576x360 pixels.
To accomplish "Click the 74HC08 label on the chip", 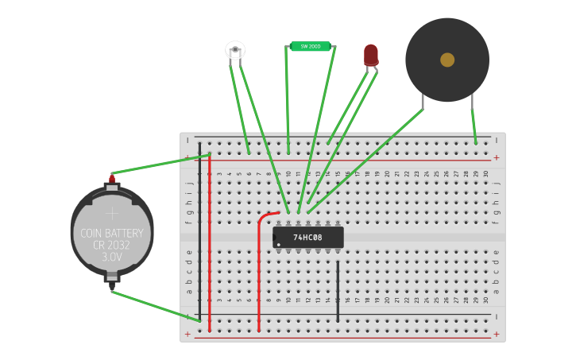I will pos(307,238).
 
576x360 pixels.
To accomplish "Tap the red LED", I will pos(371,54).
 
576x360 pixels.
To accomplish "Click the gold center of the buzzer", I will pos(447,60).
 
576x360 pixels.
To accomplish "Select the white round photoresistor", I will pos(235,51).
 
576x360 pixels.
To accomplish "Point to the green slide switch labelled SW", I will pos(310,47).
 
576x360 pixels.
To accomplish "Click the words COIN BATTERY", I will pos(112,234).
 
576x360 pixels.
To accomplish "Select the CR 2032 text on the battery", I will pos(112,246).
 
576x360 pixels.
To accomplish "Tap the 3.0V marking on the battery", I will pos(112,257).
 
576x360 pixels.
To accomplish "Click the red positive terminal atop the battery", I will pos(112,178).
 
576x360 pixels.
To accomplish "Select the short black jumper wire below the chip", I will pos(338,290).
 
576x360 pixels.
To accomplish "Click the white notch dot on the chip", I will pos(278,245).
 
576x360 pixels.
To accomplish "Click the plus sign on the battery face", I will pos(112,213).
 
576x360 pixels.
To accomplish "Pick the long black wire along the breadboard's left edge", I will pos(200,230).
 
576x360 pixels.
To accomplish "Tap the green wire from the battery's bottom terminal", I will pos(155,305).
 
